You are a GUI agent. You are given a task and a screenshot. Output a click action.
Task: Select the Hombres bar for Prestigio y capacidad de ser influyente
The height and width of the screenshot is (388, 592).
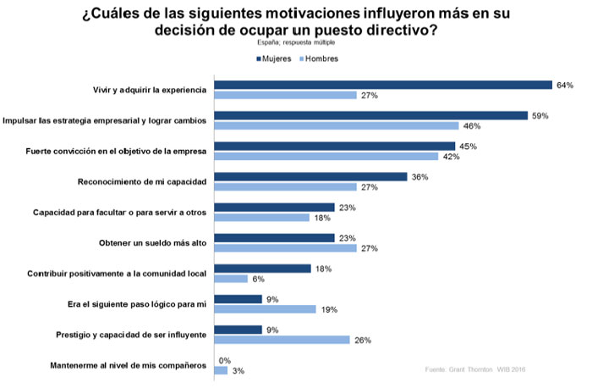[x=282, y=340]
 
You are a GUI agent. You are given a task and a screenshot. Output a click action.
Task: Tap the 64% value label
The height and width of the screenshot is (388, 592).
[x=565, y=85]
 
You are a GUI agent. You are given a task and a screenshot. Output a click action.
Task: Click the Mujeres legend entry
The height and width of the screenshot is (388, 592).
[x=277, y=58]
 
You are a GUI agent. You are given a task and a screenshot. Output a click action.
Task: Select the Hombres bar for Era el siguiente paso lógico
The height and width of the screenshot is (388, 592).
[x=265, y=309]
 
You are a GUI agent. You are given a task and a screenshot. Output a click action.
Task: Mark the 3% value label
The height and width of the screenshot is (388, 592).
[x=239, y=371]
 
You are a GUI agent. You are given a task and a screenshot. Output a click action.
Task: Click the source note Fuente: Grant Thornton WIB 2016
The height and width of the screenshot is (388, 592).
[x=474, y=369]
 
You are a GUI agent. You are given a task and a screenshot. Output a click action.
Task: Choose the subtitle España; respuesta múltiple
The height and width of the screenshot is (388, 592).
[x=296, y=41]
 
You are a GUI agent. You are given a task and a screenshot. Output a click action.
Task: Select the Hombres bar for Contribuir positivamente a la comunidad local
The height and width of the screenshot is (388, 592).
[x=231, y=278]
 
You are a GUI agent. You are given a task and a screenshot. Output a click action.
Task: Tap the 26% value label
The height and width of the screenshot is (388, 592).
[x=363, y=340]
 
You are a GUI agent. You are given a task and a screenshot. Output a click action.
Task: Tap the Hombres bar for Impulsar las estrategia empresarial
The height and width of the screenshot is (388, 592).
[x=337, y=125]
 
